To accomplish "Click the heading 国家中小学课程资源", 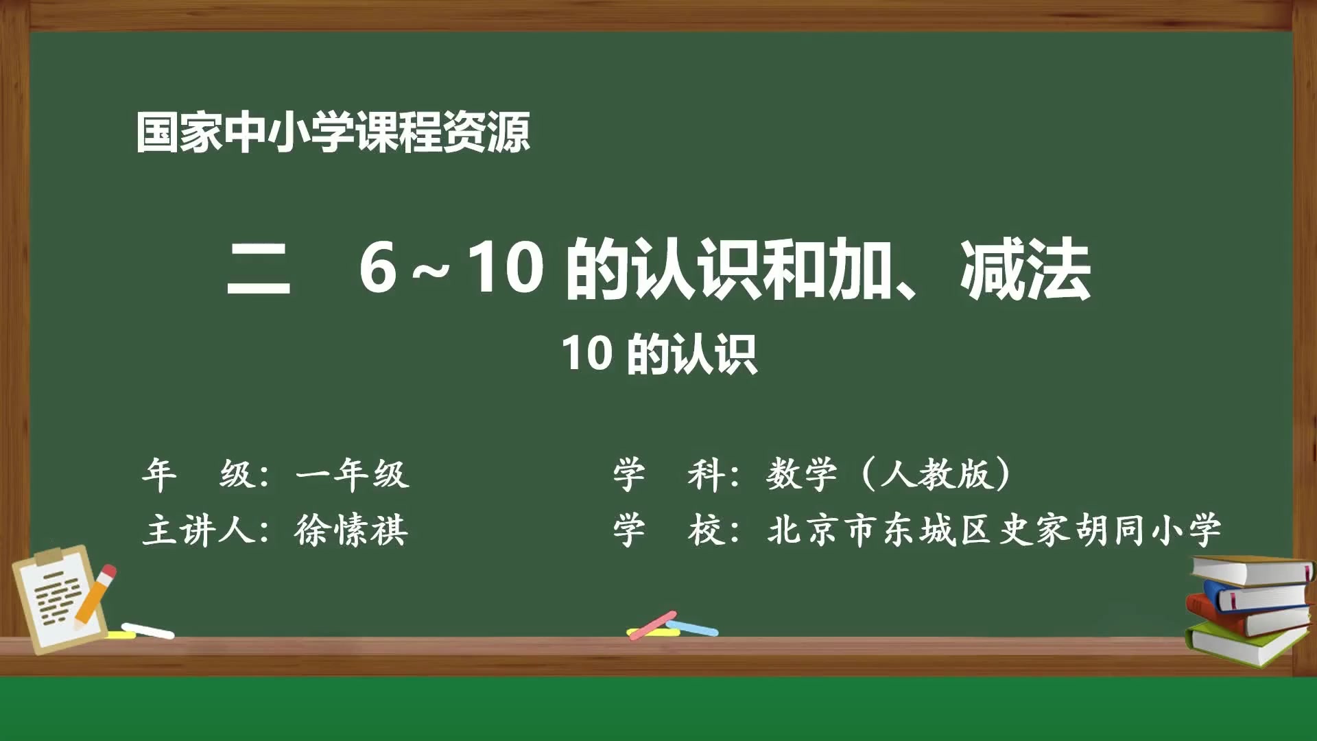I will tap(333, 132).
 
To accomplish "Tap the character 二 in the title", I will tap(259, 269).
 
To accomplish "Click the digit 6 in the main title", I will tap(378, 268).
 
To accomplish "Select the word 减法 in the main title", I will tap(1025, 270).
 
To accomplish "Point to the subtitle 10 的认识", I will tap(659, 354).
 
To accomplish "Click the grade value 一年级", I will tap(353, 473).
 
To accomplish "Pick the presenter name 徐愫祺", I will tap(351, 530).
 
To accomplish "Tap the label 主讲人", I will tap(199, 530).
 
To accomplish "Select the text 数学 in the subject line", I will tap(801, 473).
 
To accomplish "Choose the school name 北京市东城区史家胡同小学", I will tap(994, 530).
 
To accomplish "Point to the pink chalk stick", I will tap(652, 624).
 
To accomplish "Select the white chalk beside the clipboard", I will tap(148, 630).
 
